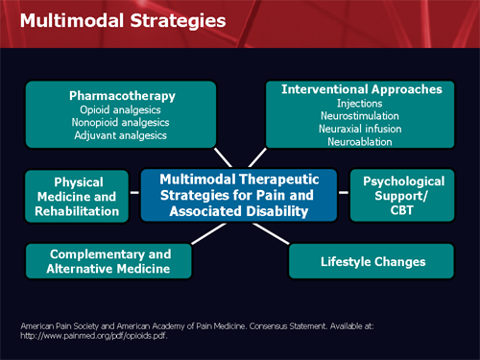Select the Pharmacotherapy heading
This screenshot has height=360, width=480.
tap(122, 96)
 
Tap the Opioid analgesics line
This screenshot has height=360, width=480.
tap(122, 109)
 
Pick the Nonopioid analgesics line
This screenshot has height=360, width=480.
tap(122, 122)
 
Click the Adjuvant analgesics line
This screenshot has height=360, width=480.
tap(122, 135)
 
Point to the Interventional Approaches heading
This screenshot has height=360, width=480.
tap(362, 89)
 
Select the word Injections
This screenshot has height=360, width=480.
tap(362, 102)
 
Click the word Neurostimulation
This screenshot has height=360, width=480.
tap(362, 114)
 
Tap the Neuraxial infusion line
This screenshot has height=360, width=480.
tap(362, 127)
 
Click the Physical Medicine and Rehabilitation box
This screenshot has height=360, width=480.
tap(79, 197)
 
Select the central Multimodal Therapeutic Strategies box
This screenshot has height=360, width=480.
tap(239, 195)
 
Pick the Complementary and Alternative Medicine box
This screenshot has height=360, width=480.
tap(110, 261)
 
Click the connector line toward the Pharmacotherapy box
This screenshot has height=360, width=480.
tap(224, 157)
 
